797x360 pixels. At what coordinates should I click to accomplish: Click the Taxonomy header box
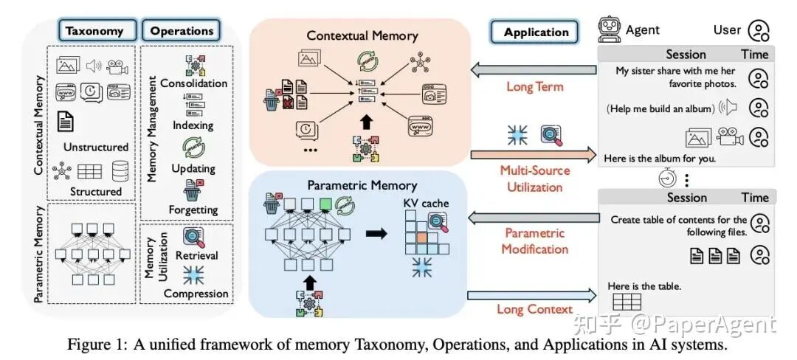100,31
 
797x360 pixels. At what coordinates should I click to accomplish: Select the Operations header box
182,31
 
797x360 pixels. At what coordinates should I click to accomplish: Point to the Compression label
196,294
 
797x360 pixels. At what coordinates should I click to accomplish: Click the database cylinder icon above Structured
119,173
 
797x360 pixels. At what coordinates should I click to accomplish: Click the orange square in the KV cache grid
420,238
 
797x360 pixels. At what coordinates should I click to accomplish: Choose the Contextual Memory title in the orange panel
362,35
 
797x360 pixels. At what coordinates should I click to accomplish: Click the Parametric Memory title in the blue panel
362,185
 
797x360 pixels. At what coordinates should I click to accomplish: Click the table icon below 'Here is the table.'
627,302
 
